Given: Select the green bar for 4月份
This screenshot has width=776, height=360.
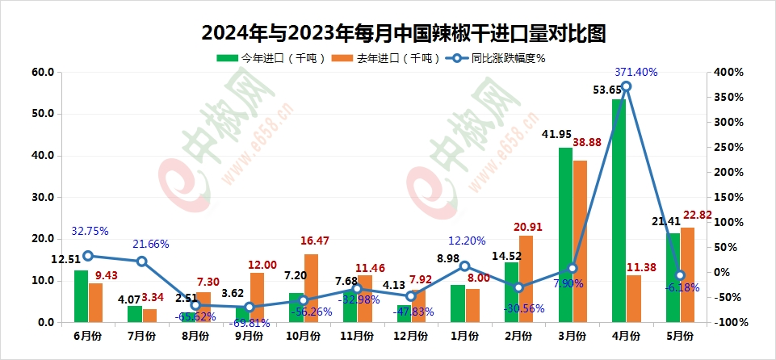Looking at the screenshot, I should tap(619, 211).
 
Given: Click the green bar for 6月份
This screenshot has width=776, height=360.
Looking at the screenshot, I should tap(81, 296).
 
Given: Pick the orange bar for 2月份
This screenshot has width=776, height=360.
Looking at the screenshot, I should tap(525, 278).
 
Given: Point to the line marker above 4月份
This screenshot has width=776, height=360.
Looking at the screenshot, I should tap(626, 86).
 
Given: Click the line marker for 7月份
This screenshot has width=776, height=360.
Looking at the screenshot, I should tap(141, 262).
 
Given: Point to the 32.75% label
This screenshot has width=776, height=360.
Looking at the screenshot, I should tap(90, 231).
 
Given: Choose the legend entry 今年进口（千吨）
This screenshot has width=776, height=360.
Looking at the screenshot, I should tap(271, 57).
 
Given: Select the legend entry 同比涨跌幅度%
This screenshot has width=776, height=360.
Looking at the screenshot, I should tap(498, 57).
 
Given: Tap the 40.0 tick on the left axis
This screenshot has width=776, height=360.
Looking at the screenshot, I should tap(42, 155).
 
